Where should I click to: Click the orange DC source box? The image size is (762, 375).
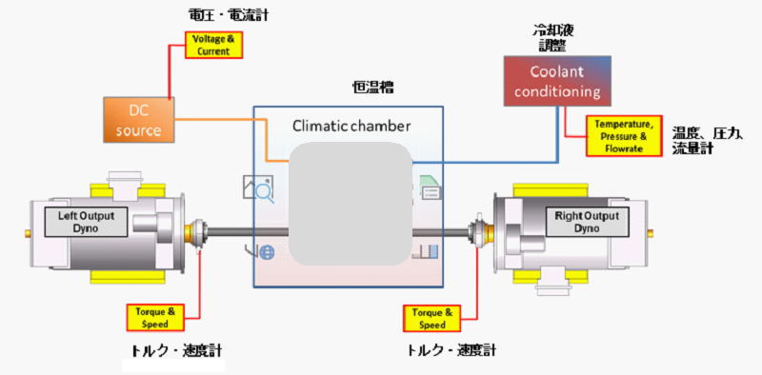(x=138, y=119)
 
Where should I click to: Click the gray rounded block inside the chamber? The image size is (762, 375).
(x=351, y=203)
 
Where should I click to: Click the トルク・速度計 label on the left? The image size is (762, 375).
(x=176, y=351)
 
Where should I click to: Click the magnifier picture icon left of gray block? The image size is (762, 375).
(x=258, y=188)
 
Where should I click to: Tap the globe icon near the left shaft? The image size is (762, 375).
(x=266, y=251)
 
